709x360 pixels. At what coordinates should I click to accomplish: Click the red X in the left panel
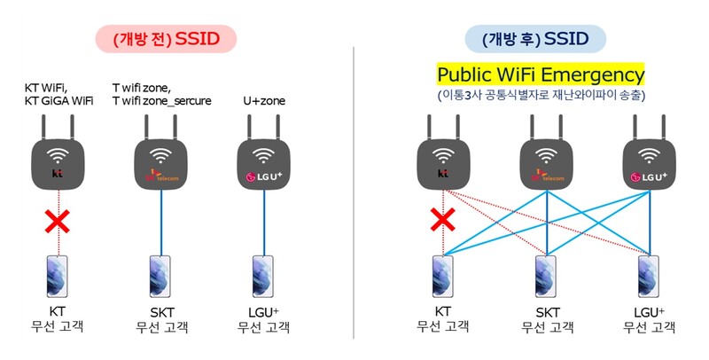point(58,221)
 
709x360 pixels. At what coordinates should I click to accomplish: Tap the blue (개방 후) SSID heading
point(535,38)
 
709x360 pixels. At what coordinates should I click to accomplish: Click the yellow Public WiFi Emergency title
point(541,74)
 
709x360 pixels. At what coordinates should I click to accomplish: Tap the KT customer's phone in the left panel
point(58,277)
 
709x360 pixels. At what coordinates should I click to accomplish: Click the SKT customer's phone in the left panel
point(160,277)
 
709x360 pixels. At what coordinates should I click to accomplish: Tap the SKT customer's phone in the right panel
point(548,277)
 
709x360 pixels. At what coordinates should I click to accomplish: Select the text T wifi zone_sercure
point(162,101)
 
